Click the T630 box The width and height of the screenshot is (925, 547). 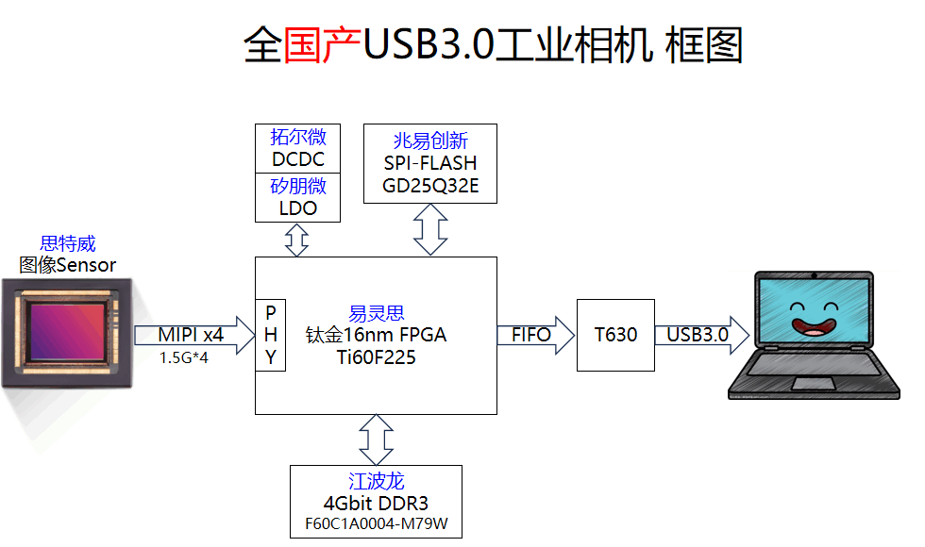pos(615,335)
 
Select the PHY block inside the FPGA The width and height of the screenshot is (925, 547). pos(271,335)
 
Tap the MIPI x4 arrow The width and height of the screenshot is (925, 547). pos(193,335)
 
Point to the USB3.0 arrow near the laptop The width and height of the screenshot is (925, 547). pos(700,335)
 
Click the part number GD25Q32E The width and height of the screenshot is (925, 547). pos(430,186)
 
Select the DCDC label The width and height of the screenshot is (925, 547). pos(297,159)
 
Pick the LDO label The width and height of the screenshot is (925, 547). pos(297,208)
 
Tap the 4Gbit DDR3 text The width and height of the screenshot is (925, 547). pos(376,503)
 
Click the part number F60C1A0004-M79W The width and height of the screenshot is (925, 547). pos(376,523)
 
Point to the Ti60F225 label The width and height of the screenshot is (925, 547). pos(376,357)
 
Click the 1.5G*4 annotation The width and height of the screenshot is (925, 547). pos(183,358)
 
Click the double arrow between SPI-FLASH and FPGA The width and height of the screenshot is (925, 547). pos(430,229)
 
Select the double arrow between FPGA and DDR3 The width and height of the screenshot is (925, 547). pos(376,439)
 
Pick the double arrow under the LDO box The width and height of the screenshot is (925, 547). pos(297,240)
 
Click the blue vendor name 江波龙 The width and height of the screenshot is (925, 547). pos(376,481)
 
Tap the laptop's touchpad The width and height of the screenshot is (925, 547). pos(815,383)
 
